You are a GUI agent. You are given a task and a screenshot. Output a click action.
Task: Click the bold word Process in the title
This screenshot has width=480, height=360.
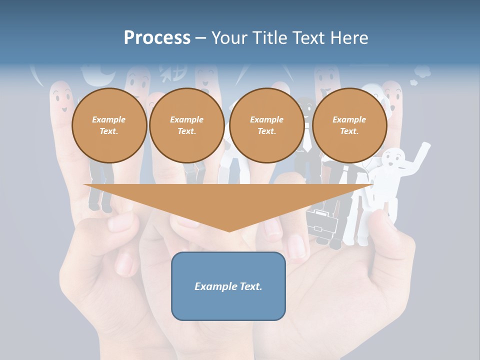tap(157, 38)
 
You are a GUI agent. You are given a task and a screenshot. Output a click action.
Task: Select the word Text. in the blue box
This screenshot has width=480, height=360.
tap(250, 286)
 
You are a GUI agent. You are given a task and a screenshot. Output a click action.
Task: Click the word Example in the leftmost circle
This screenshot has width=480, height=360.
tap(109, 119)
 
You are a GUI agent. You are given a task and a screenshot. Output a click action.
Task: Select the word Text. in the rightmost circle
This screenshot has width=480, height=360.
tap(349, 131)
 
